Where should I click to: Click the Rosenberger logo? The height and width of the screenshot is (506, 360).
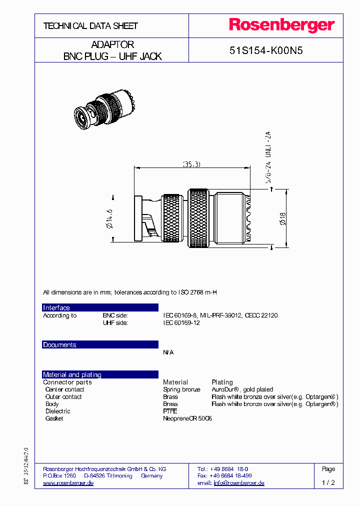click(281, 25)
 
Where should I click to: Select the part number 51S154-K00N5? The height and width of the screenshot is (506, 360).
click(266, 50)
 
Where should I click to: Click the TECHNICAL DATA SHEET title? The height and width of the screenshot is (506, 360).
click(90, 25)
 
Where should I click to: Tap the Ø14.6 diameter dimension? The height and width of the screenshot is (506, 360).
click(110, 218)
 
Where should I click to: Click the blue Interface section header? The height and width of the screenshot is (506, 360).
click(100, 307)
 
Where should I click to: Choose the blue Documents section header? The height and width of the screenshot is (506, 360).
click(100, 344)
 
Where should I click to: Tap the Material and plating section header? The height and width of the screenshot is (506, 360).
click(100, 374)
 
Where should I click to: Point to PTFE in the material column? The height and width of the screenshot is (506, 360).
click(170, 411)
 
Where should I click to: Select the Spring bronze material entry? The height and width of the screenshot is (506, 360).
click(181, 389)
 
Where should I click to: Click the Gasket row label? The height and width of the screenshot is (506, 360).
click(54, 418)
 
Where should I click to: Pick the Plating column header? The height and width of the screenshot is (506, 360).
click(222, 382)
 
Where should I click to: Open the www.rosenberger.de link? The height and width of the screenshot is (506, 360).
click(68, 483)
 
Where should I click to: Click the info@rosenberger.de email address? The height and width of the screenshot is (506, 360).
click(239, 483)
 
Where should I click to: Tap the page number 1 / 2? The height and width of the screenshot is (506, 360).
click(328, 483)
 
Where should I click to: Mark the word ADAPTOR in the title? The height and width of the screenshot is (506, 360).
click(112, 44)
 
